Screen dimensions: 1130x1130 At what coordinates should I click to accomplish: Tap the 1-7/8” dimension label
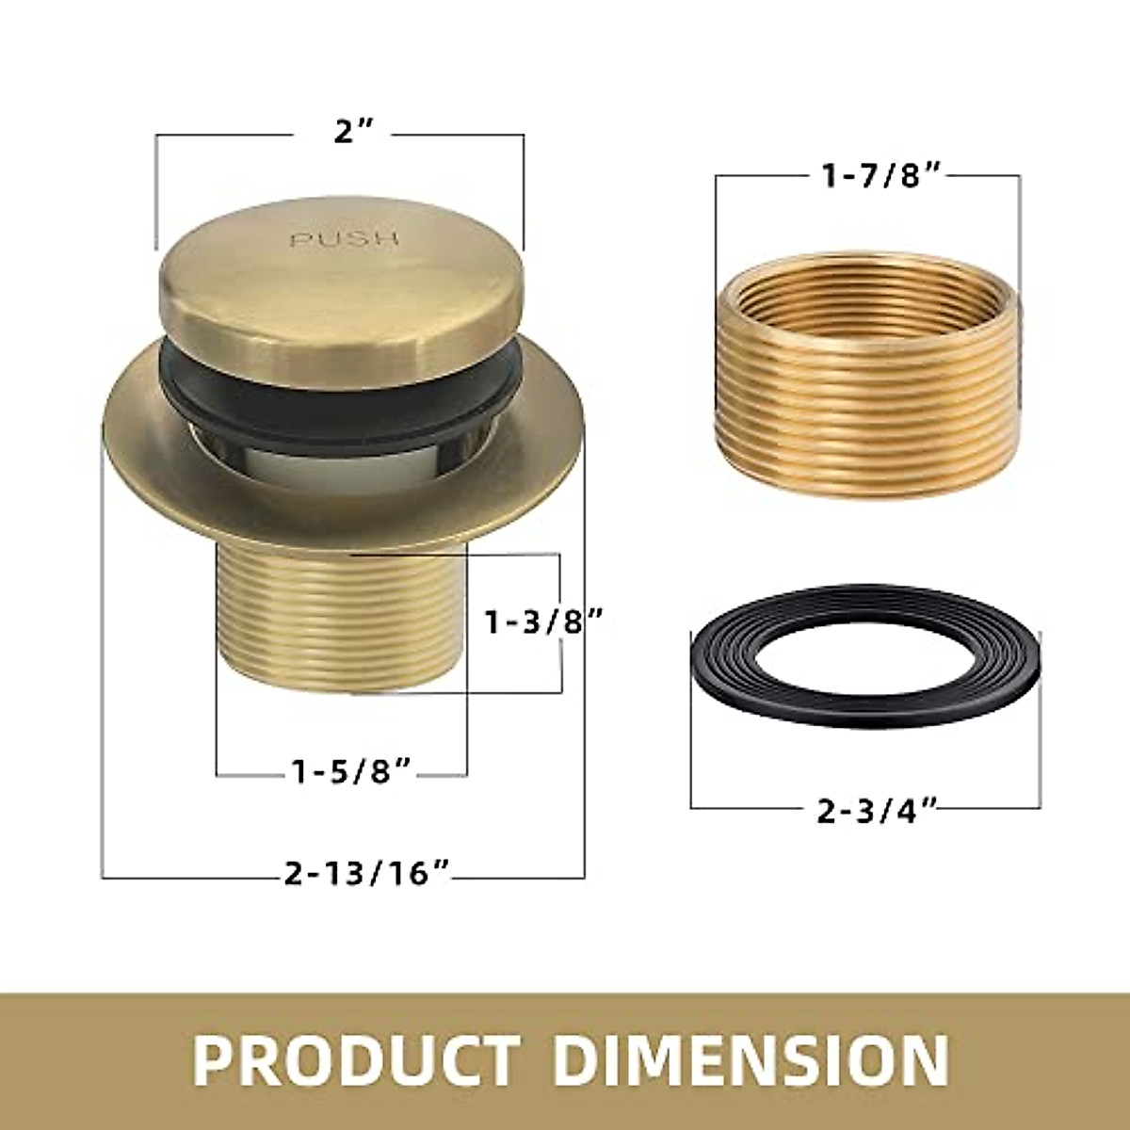[866, 176]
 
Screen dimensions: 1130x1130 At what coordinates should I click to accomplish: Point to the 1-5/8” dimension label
[350, 773]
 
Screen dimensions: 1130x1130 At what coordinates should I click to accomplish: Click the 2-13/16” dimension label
[366, 874]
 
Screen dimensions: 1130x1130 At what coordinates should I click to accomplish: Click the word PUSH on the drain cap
[344, 239]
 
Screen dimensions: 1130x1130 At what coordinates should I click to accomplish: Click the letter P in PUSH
[297, 240]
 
